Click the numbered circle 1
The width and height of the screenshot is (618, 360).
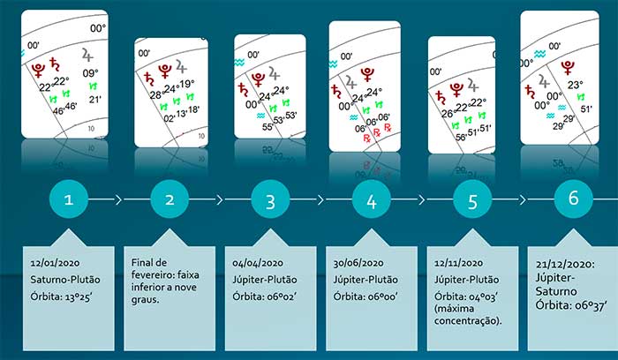pyautogui.click(x=69, y=200)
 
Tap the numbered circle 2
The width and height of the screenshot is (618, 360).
pyautogui.click(x=170, y=200)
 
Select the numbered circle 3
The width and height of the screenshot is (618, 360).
pyautogui.click(x=270, y=200)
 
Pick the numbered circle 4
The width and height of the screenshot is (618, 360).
pyautogui.click(x=371, y=200)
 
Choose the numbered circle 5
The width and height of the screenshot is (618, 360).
pyautogui.click(x=472, y=200)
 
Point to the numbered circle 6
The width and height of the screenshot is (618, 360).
pyautogui.click(x=573, y=199)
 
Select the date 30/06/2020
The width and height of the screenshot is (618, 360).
pyautogui.click(x=358, y=263)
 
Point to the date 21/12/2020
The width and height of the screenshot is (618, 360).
pyautogui.click(x=563, y=265)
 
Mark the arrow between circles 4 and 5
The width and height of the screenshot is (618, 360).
pyautogui.click(x=422, y=200)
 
